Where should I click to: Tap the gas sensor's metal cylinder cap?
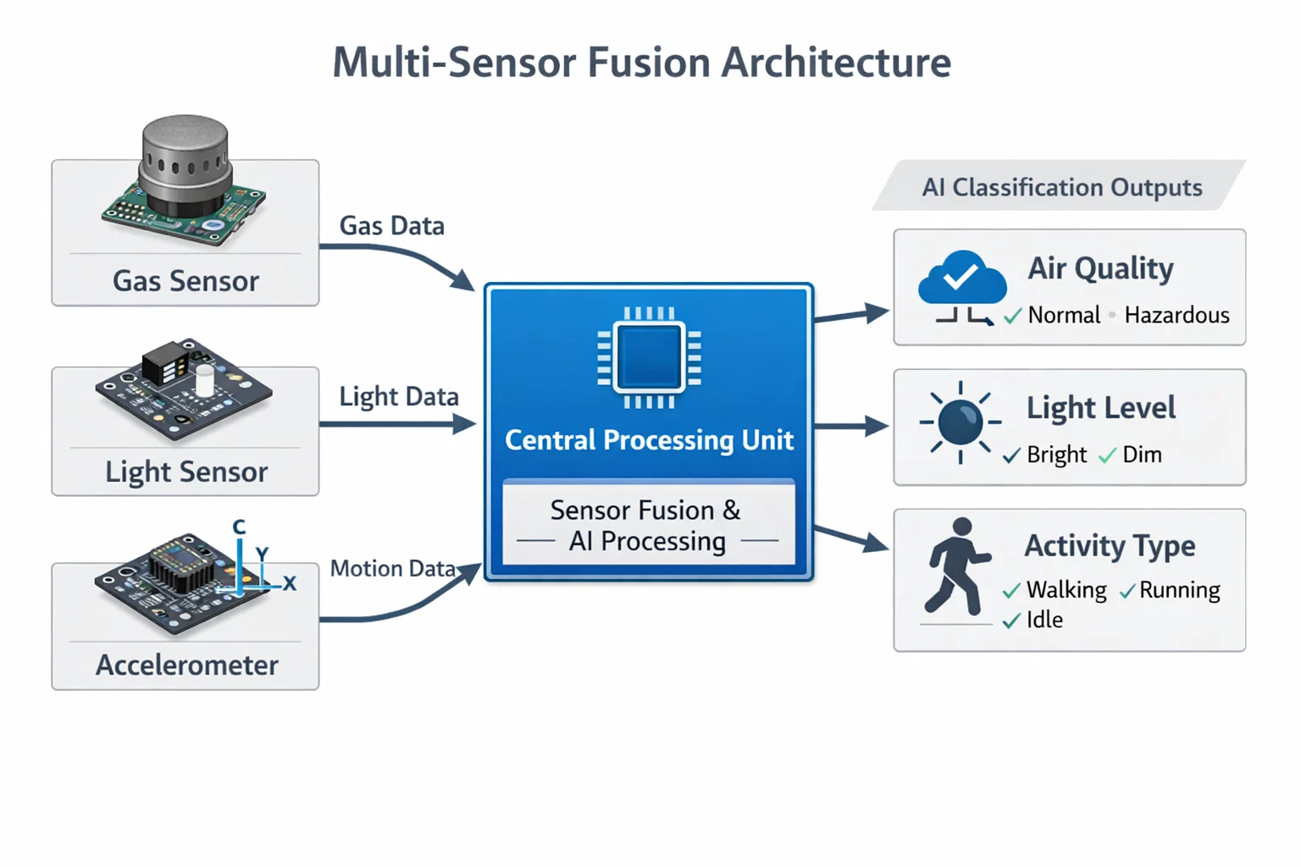[185, 161]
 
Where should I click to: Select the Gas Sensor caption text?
[185, 281]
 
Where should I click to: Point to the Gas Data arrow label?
[391, 226]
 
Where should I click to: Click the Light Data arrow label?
[398, 396]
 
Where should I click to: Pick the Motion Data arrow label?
[392, 568]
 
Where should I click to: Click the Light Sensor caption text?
[186, 472]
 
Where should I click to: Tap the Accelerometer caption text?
[186, 665]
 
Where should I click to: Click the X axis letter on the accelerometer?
[290, 583]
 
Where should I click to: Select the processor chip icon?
[649, 357]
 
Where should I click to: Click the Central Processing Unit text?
[649, 440]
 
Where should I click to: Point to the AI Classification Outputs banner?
[1061, 187]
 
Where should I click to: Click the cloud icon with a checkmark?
[962, 277]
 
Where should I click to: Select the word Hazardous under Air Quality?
[1176, 316]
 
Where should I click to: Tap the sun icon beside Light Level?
[961, 422]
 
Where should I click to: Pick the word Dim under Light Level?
[1142, 455]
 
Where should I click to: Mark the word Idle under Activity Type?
[1044, 620]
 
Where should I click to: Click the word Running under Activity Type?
[1179, 590]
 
